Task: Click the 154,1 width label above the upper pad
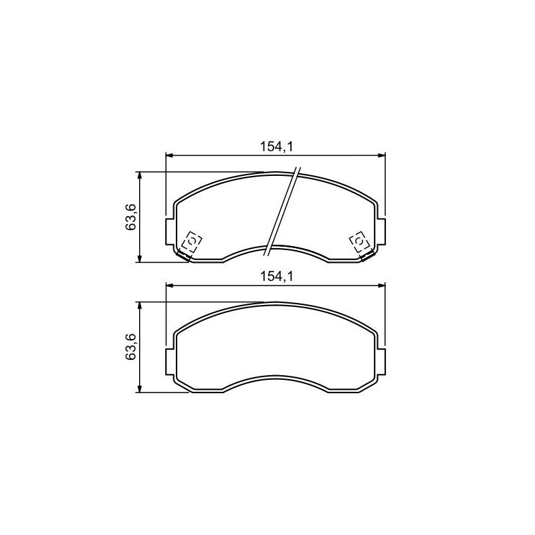coord(277,146)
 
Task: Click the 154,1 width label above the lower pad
coord(277,276)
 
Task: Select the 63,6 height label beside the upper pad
coord(130,217)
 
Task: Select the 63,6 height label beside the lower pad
coord(130,347)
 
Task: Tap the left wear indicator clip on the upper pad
coord(189,245)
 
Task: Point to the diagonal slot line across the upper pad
coord(282,211)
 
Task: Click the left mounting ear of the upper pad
coord(170,232)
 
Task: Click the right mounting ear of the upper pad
coord(381,232)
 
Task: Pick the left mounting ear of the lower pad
coord(170,362)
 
